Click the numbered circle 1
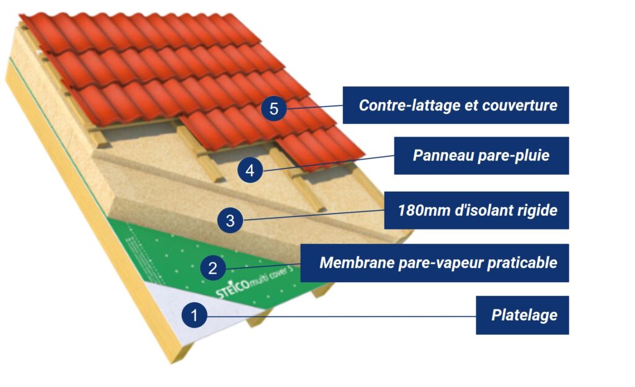tap(194, 316)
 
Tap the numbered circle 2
tap(213, 268)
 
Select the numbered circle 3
tap(230, 220)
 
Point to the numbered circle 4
tap(250, 171)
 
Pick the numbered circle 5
tap(273, 109)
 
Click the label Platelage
tap(522, 316)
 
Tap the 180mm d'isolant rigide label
tap(477, 210)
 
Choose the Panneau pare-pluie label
tap(481, 155)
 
